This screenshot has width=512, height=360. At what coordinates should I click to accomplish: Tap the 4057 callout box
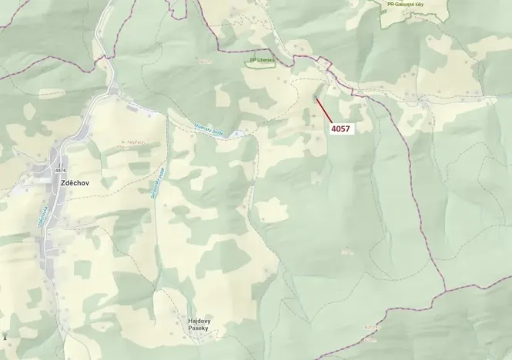340,129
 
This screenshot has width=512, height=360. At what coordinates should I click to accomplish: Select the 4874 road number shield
62,170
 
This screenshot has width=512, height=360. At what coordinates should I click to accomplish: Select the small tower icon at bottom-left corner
5,336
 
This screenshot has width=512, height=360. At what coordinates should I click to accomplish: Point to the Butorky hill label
372,327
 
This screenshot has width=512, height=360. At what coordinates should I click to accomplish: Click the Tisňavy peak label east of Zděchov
134,143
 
